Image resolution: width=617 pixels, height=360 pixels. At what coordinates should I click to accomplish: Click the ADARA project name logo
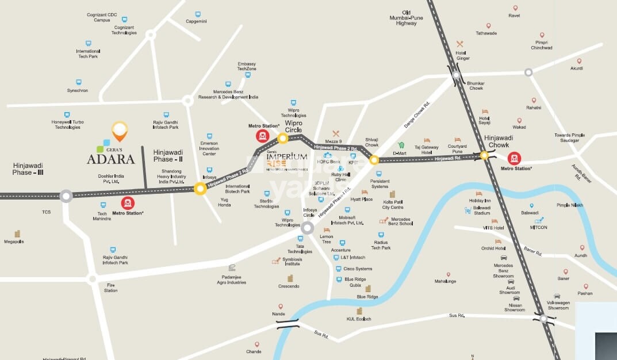pos(111,159)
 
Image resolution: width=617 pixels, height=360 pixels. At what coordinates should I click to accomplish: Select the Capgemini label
pos(196,21)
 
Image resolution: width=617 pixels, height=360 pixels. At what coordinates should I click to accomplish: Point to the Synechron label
pos(77,90)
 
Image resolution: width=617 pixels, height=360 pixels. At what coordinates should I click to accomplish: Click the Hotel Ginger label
pos(463,55)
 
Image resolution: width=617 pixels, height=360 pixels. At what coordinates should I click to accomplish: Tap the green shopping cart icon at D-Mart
pos(401,145)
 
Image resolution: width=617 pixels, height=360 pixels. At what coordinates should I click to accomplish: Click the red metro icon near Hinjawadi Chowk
pos(514,158)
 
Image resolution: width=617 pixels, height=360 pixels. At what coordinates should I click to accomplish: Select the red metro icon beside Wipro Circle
pos(263,136)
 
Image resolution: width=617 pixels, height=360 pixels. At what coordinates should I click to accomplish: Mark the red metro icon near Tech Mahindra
pos(128,202)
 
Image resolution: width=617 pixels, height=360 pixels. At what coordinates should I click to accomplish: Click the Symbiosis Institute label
pos(292,262)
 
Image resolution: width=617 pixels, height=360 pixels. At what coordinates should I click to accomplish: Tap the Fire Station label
pos(111,288)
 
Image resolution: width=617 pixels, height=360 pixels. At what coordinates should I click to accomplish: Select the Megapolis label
pos(14,242)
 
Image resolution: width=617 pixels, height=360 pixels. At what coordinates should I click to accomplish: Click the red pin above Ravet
pos(515,8)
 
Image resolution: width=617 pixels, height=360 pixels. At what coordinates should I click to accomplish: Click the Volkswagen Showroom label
pos(558,305)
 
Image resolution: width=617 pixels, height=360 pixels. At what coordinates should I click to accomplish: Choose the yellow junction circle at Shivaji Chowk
pos(374,160)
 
